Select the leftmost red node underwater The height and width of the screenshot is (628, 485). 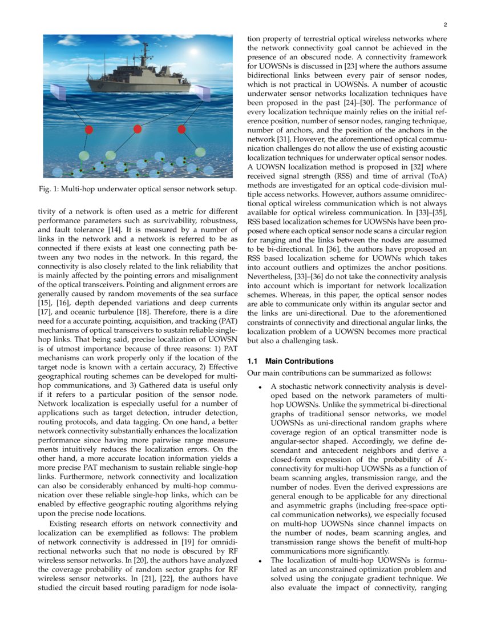[89, 130]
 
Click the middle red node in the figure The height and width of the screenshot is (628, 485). [137, 129]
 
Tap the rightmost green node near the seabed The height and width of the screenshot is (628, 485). [200, 152]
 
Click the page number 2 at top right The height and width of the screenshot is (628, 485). [444, 25]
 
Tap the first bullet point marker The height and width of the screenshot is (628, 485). [260, 388]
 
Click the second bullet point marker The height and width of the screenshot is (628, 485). [260, 561]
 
